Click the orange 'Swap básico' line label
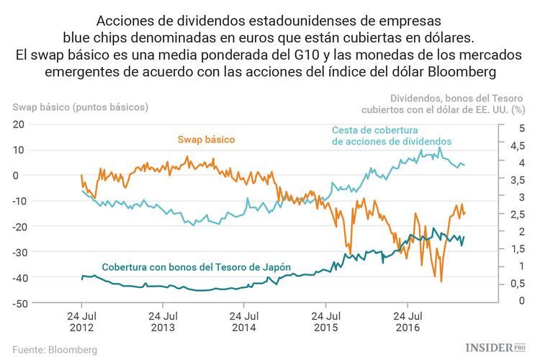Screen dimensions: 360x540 206,139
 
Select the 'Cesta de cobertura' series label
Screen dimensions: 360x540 391,136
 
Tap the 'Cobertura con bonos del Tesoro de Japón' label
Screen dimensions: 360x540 197,267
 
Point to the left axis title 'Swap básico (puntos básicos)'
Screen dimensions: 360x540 80,107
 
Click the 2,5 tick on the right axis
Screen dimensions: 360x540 516,215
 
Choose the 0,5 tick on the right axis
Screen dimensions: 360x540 516,284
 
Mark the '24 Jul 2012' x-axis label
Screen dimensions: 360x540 82,322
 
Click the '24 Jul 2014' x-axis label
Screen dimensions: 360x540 245,322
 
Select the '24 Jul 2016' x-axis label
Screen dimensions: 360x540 408,322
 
